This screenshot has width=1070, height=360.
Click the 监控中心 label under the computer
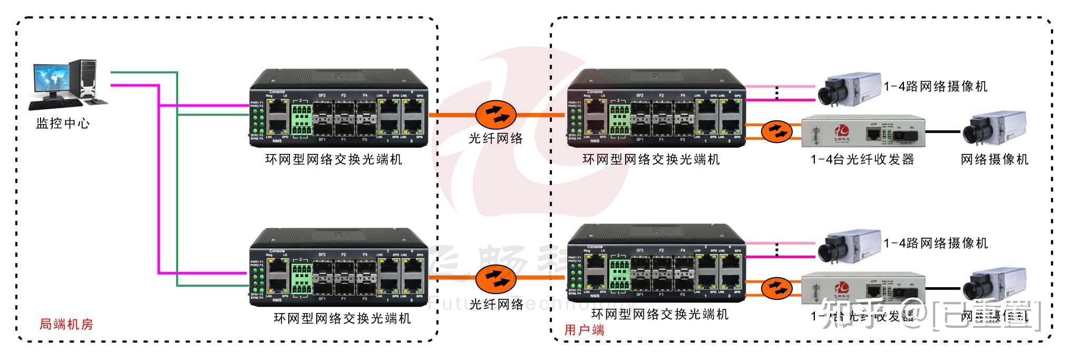(x=63, y=124)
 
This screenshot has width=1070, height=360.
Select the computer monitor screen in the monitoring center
(x=52, y=79)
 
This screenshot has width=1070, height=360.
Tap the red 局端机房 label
(x=66, y=324)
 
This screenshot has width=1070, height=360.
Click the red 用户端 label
(x=584, y=330)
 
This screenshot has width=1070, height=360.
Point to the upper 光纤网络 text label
(x=495, y=139)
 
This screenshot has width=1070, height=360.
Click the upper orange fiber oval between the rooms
(x=495, y=114)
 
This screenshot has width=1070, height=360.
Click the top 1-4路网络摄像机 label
(x=935, y=86)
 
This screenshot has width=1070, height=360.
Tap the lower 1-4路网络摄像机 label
(x=935, y=243)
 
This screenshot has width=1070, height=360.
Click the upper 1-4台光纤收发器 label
(x=862, y=159)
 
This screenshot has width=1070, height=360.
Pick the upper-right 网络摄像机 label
(x=994, y=159)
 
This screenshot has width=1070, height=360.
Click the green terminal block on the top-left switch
(x=301, y=120)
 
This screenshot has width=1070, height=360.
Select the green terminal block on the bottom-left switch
(x=301, y=278)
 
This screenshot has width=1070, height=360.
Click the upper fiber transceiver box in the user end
(x=863, y=131)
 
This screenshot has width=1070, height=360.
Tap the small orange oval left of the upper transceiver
(x=777, y=131)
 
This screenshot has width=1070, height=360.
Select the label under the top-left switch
(x=334, y=159)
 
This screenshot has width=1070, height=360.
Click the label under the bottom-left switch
(x=342, y=318)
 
